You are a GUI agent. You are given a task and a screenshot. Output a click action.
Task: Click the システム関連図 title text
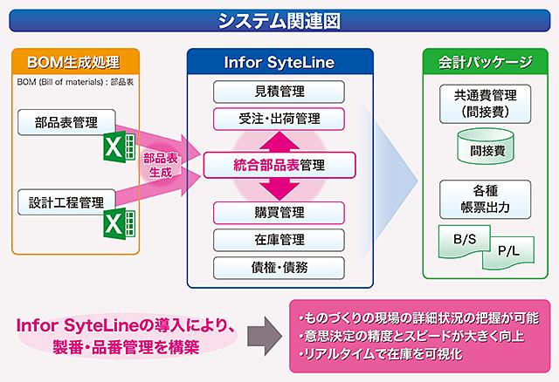279,21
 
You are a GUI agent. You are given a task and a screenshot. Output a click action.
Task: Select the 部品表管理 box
66,122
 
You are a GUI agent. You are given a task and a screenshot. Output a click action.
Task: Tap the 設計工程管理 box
66,202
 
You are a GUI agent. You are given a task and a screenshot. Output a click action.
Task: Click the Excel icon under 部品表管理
120,147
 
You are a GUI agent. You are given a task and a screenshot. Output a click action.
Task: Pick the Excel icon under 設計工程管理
120,223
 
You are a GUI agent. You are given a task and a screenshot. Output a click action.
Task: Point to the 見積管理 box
279,92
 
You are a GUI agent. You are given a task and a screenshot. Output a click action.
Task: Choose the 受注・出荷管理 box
279,119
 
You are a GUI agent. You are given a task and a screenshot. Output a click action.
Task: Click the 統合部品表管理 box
279,165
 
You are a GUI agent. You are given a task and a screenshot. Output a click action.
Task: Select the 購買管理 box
279,213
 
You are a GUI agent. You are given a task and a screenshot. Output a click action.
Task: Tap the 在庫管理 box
279,240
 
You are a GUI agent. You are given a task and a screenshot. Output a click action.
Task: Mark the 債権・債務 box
279,268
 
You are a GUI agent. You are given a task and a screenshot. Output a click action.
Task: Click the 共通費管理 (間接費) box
486,104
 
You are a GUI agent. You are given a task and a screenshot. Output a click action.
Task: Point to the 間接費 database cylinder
486,147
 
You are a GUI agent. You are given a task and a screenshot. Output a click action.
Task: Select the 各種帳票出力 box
486,200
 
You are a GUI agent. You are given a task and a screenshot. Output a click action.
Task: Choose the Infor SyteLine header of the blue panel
279,62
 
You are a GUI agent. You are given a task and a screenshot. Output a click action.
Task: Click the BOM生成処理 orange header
75,62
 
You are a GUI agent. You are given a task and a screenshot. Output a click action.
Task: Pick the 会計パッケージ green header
486,62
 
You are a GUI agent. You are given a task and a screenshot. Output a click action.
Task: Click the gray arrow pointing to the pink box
265,336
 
